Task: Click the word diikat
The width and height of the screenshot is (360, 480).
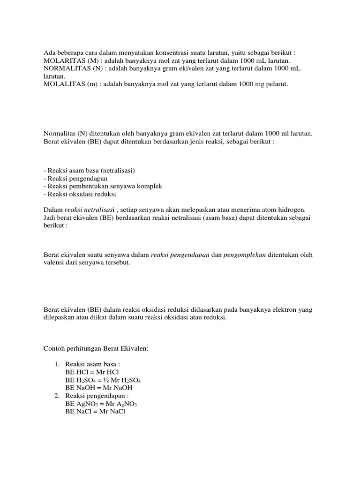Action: [x=92, y=317]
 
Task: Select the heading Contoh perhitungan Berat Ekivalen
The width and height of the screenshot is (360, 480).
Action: [x=96, y=348]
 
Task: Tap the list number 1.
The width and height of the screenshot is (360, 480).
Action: [x=56, y=363]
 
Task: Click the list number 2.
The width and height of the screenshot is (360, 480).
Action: [x=56, y=396]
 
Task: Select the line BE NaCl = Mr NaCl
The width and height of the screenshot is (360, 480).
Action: [x=92, y=411]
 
